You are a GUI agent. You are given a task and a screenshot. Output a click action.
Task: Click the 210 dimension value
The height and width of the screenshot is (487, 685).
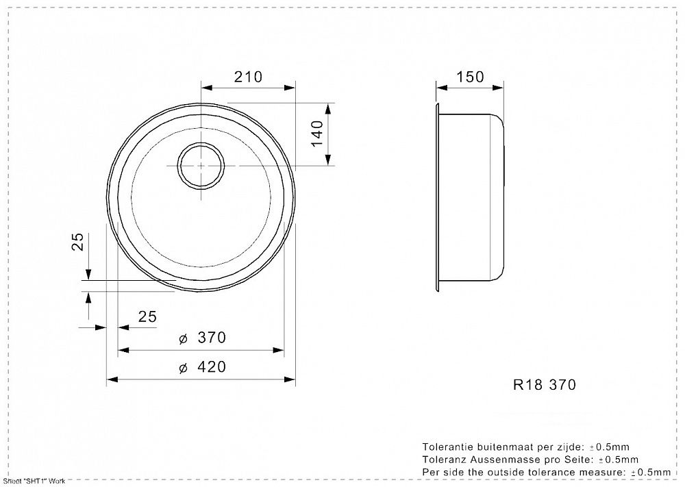click(248, 77)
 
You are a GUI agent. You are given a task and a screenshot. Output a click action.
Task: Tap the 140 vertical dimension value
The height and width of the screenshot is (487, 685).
click(317, 134)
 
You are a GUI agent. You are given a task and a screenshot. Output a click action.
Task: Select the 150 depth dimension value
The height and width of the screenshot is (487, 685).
click(470, 77)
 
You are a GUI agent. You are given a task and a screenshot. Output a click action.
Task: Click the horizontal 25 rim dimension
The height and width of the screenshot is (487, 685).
click(147, 316)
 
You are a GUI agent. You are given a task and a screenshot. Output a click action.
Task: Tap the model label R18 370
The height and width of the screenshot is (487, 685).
click(545, 384)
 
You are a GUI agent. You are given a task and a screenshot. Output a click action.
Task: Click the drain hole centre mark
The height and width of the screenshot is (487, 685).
click(201, 166)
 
